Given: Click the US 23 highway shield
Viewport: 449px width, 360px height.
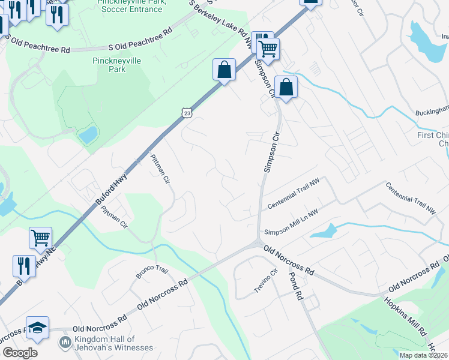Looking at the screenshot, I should click(187, 112).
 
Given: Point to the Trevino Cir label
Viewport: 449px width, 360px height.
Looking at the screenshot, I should click(266, 283).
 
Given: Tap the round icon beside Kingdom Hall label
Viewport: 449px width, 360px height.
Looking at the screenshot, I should click(65, 343).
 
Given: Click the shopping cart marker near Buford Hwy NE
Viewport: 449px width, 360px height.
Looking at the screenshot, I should click(40, 238).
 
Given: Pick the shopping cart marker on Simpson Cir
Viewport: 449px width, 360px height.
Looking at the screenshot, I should click(268, 48).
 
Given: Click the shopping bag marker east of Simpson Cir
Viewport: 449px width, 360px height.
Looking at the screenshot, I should click(286, 88).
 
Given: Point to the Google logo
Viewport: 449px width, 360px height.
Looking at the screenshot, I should click(20, 353).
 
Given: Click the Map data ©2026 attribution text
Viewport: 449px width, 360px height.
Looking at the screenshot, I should click(424, 355).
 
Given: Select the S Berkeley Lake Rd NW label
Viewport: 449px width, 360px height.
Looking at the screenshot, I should click(221, 24).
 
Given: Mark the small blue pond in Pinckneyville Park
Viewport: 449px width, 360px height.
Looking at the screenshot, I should click(88, 135).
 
